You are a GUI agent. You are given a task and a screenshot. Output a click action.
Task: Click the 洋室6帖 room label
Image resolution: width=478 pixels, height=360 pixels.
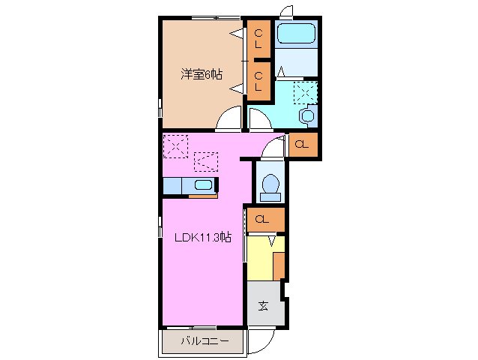[200, 74]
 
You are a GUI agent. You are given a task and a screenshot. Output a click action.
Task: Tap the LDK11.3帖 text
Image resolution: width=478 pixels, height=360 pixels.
[203, 238]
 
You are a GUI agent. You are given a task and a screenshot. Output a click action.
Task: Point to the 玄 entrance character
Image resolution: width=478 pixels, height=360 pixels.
[264, 305]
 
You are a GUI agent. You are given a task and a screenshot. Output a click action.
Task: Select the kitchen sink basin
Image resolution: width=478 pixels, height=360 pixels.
[202, 185]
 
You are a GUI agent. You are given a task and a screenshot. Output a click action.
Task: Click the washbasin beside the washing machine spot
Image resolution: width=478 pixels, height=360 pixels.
[306, 116]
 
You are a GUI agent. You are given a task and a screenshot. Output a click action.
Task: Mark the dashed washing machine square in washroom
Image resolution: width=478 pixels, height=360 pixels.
[305, 92]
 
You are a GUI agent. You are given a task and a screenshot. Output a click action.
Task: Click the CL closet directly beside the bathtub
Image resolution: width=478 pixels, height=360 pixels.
[258, 39]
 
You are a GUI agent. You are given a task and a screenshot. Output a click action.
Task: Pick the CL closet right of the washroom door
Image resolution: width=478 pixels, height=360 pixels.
[302, 144]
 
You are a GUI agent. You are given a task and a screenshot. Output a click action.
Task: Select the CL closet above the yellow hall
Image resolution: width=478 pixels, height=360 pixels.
[263, 220]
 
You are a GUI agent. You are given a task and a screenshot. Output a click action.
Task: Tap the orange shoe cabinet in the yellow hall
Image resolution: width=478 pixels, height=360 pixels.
[279, 266]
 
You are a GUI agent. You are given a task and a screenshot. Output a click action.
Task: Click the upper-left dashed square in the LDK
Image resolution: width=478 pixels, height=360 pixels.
[176, 145]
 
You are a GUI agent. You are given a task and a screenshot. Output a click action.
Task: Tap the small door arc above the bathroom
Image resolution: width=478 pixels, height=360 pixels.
[285, 10]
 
